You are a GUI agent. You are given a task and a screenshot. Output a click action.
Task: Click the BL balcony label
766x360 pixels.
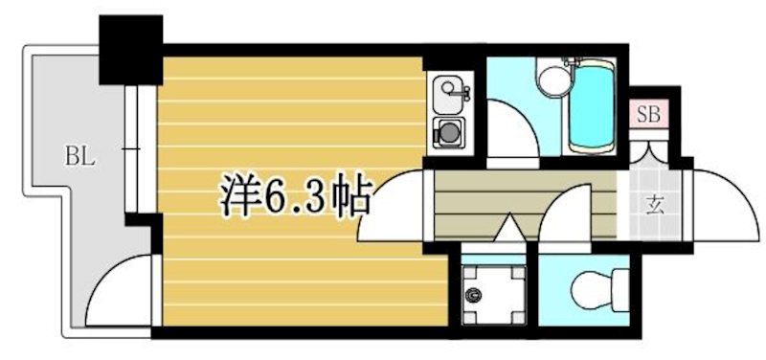(79, 154)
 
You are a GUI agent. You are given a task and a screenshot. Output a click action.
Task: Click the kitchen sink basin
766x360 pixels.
(446, 93)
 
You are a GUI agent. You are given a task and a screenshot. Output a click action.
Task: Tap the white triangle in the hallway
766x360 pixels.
(507, 231)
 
